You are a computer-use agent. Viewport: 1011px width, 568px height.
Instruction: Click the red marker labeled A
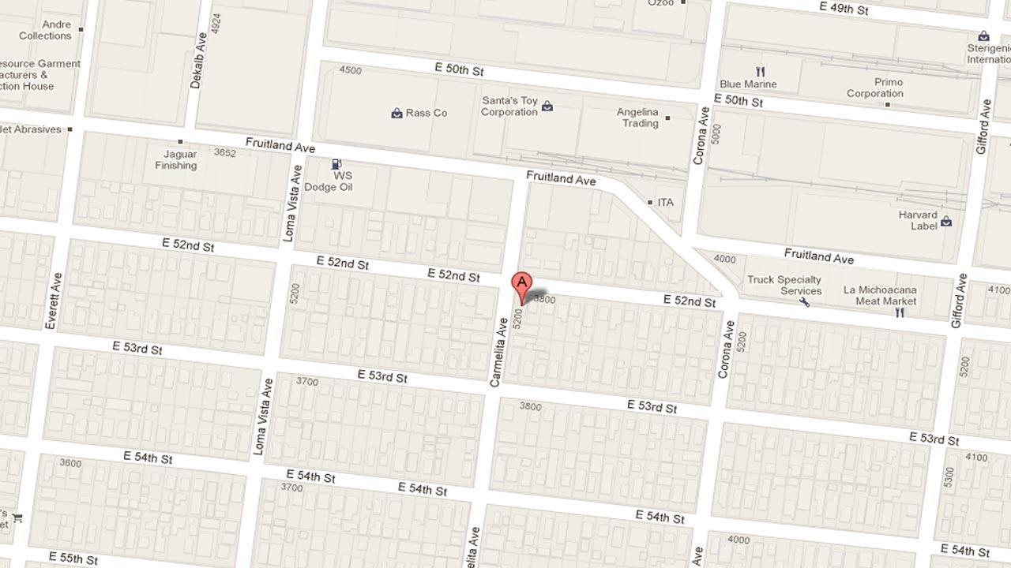(521, 285)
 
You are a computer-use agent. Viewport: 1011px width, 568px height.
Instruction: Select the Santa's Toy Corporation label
(509, 106)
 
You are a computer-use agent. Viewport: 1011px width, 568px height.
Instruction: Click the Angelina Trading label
(637, 118)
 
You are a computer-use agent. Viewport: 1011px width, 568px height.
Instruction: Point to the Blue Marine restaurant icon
(761, 72)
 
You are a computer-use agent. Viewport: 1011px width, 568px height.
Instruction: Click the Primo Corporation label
(875, 88)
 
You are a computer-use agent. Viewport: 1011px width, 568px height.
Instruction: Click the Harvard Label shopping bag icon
(946, 222)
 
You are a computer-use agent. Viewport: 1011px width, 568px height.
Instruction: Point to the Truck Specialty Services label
(784, 285)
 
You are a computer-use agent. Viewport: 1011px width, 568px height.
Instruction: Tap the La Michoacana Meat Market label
(880, 295)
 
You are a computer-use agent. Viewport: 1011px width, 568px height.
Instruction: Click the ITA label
(666, 203)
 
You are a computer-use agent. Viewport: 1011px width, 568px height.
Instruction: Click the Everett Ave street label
(53, 301)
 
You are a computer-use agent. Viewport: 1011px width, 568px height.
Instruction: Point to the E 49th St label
(844, 9)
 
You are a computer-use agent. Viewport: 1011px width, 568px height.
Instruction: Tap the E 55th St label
(72, 558)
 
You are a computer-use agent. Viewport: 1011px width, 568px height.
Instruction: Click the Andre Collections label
(45, 30)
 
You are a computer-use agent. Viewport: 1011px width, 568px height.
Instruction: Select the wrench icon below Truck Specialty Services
(804, 301)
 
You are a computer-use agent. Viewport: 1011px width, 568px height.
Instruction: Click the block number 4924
(216, 21)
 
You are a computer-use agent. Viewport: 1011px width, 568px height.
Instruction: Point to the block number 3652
(225, 153)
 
